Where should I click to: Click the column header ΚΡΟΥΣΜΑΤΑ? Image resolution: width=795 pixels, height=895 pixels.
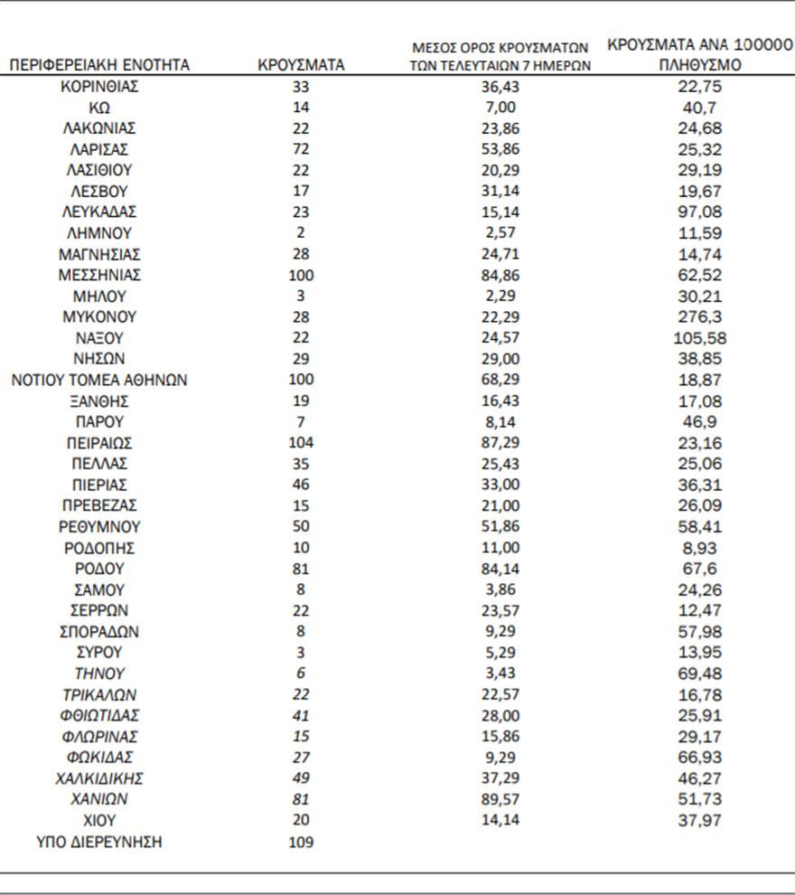(x=301, y=66)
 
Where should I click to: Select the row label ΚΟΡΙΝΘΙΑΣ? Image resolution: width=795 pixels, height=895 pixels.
(x=99, y=88)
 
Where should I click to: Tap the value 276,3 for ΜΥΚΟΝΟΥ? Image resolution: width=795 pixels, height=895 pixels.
(x=700, y=316)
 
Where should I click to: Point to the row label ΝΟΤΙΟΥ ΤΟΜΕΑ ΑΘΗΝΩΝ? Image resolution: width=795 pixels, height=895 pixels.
(x=99, y=380)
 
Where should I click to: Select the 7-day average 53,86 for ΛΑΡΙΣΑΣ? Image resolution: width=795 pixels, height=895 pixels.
(x=499, y=149)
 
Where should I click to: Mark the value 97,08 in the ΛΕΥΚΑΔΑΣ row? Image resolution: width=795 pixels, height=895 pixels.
(x=700, y=212)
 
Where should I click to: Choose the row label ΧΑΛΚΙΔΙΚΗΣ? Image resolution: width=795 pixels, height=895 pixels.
(x=99, y=777)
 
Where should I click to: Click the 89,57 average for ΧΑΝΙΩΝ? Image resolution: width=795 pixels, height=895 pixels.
(x=499, y=799)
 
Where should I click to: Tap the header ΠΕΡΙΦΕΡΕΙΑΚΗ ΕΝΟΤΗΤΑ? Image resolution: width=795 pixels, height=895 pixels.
(x=99, y=66)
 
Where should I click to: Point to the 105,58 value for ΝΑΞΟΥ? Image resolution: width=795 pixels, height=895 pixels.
(x=700, y=338)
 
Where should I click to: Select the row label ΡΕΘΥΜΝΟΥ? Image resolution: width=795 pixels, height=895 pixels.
(x=99, y=526)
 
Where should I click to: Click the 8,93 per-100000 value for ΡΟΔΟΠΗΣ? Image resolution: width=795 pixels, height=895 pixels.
(x=700, y=548)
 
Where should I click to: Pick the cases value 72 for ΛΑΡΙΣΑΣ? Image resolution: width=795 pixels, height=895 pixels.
(x=301, y=149)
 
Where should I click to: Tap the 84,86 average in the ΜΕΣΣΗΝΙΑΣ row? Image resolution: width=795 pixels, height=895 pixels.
(x=499, y=275)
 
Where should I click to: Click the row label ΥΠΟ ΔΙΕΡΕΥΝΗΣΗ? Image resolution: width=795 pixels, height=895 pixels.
(x=99, y=843)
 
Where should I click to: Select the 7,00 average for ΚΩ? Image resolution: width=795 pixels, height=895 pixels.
(x=499, y=108)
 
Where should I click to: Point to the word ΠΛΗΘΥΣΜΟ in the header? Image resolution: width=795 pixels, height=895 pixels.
(x=700, y=66)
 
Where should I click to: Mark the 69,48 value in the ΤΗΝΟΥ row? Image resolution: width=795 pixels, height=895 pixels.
(x=700, y=674)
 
